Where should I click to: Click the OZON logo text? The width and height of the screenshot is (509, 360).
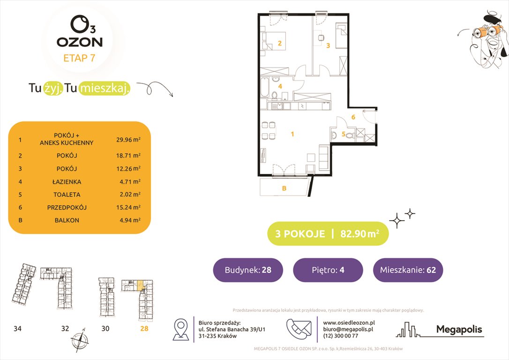[80, 42]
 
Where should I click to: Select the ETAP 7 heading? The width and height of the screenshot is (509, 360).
[79, 58]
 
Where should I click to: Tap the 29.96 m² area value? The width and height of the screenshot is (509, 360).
[128, 140]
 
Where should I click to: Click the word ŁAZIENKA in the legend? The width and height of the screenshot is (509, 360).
[67, 182]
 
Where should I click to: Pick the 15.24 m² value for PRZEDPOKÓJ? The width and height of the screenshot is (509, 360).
[128, 207]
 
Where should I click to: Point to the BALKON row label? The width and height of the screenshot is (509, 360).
[67, 220]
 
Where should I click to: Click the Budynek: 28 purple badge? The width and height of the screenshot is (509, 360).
[248, 270]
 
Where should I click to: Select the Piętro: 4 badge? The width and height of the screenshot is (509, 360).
[328, 270]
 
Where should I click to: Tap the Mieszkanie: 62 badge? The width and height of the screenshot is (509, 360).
[408, 270]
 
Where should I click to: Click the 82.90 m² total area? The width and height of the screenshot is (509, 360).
[359, 233]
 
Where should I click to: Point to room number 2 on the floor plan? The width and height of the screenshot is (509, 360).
[279, 43]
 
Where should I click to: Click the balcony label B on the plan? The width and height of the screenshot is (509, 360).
[284, 188]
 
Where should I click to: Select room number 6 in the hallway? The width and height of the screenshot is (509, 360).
[353, 117]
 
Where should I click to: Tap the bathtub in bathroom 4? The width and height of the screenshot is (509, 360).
[265, 87]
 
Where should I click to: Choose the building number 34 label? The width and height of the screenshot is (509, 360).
[17, 329]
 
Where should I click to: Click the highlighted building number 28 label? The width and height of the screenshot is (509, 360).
[144, 329]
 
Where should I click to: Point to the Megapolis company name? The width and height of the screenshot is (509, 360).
[459, 330]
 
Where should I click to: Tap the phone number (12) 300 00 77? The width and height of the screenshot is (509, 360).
[341, 336]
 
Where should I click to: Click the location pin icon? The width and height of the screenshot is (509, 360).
[181, 329]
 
